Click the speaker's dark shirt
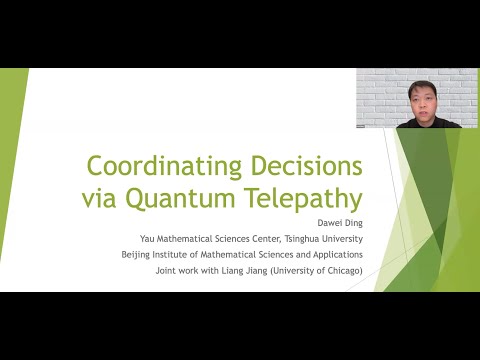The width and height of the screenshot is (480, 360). (x=425, y=123)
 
